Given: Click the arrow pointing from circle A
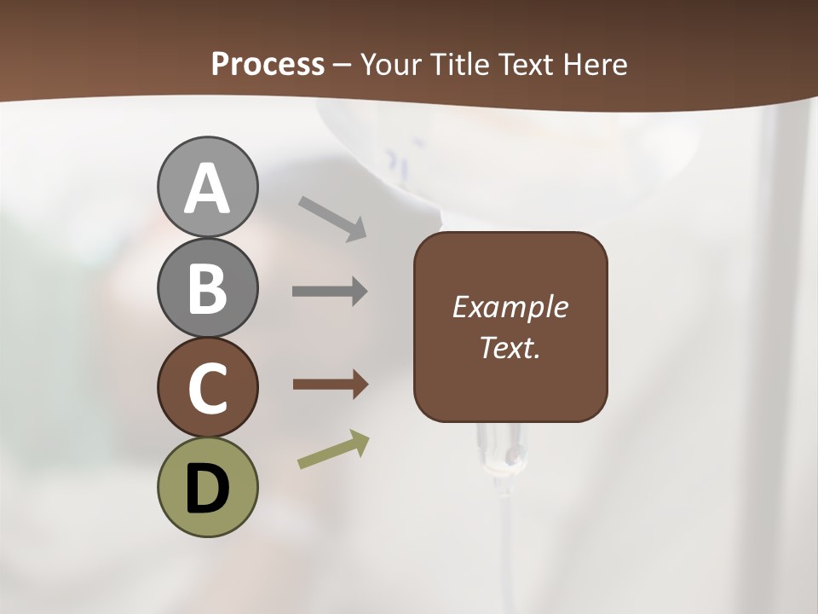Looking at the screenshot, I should pos(332,218).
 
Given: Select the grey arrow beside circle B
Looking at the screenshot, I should pos(330,292).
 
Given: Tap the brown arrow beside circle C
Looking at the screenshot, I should pos(330,385).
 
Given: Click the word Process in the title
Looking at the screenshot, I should pos(268,64).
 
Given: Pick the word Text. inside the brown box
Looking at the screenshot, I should pos(510,348).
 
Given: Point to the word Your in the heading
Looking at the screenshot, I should pos(390,64).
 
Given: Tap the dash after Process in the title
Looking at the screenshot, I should pos(343,65).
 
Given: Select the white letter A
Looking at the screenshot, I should pos(207,189).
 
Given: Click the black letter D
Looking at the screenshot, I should pos(207,489).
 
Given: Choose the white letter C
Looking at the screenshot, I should pos(207,389).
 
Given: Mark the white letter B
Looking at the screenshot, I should pos(207,288).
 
